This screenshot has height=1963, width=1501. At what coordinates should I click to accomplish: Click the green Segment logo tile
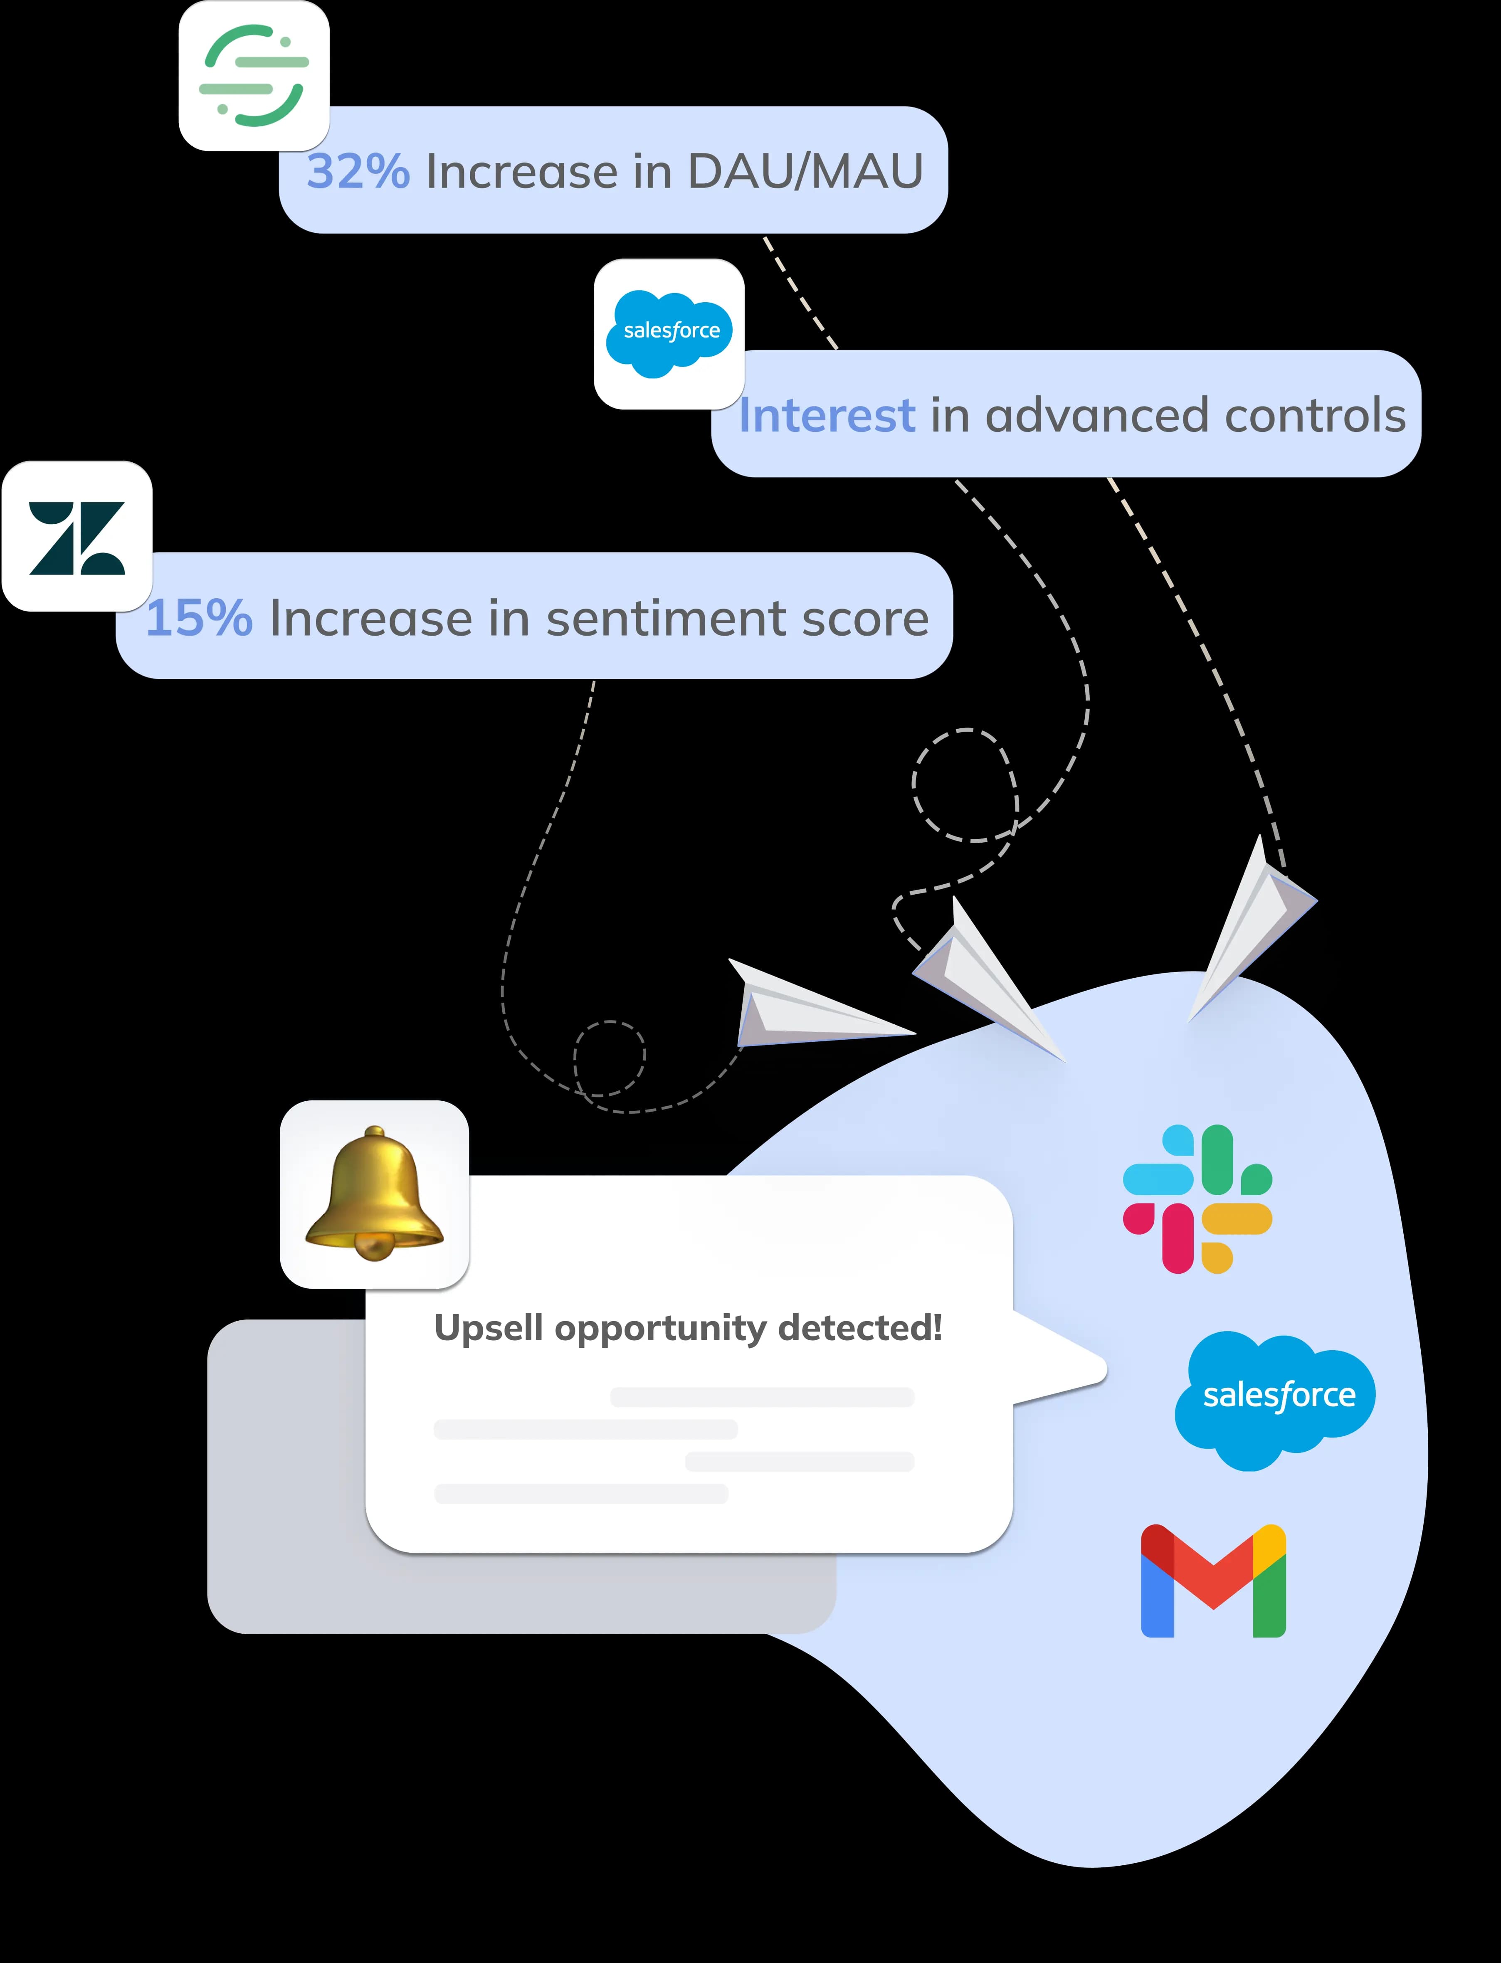coord(254,76)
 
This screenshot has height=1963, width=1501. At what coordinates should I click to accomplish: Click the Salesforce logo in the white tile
coord(669,333)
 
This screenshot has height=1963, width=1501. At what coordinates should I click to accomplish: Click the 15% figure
coord(198,618)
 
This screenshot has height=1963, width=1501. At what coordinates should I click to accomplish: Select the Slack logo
coord(1197,1199)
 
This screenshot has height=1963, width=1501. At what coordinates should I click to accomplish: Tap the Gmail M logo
coord(1213,1581)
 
